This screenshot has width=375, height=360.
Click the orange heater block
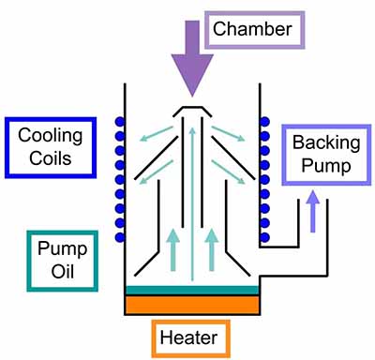[x=191, y=307]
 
